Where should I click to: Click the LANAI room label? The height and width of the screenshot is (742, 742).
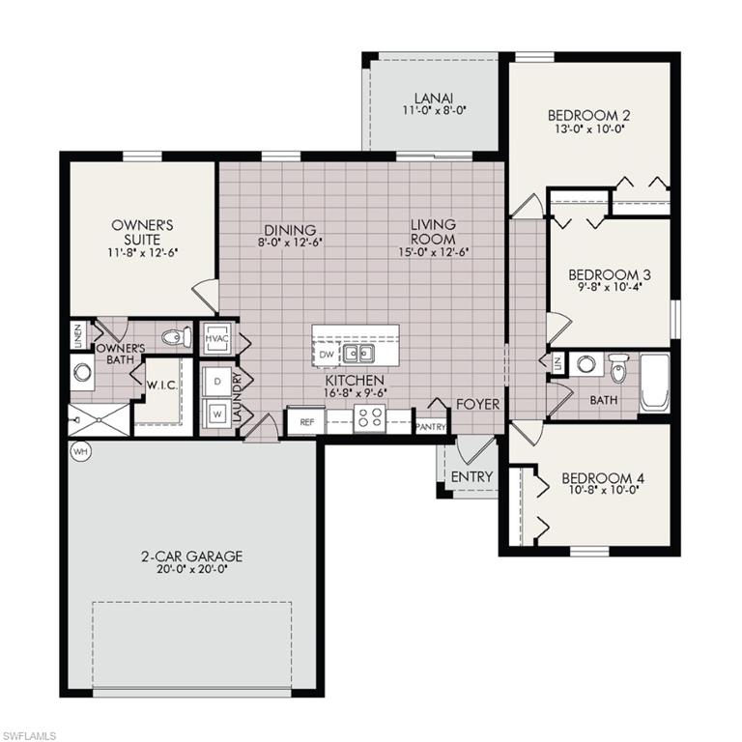tap(434, 98)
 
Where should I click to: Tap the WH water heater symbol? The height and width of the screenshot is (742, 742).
tap(78, 451)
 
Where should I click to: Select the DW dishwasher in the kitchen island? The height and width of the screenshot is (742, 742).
tap(326, 355)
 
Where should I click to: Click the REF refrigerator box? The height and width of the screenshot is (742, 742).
tap(306, 422)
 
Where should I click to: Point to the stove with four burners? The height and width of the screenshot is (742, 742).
tap(370, 418)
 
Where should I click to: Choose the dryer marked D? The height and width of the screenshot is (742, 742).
tap(216, 382)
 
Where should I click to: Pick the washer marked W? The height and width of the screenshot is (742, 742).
tap(216, 410)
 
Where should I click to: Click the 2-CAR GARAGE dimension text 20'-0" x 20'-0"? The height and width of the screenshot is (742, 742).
tap(191, 569)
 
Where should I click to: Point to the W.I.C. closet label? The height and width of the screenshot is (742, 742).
tap(159, 384)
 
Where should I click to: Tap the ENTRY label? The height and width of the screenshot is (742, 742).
tap(471, 476)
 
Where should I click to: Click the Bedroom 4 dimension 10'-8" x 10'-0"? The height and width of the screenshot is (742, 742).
tap(602, 490)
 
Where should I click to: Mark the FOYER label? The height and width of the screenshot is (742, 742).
tap(477, 404)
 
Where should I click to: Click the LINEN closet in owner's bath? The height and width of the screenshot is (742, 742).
tap(77, 335)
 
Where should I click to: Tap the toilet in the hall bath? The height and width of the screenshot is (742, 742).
tap(618, 367)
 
